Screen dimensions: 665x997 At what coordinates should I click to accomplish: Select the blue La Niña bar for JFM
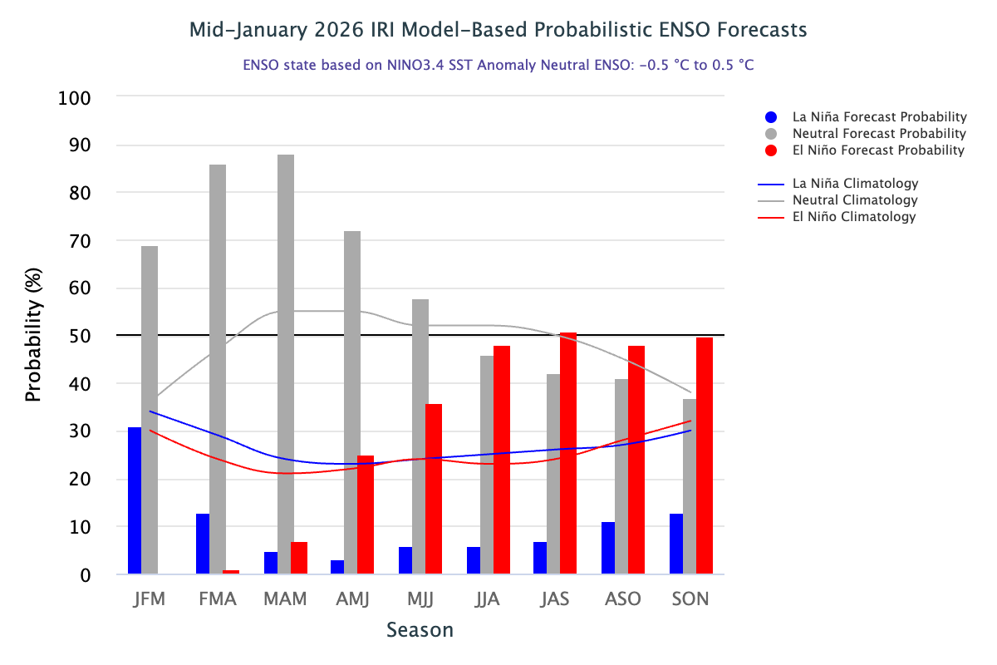coord(135,500)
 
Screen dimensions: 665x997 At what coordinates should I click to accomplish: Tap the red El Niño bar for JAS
coord(568,453)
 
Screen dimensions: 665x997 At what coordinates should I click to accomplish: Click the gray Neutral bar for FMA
coord(218,369)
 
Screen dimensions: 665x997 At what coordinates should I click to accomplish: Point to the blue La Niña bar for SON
coord(676,544)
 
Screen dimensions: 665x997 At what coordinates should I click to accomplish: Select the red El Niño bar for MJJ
coord(434,489)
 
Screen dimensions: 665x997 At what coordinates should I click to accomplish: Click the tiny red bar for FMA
coord(231,572)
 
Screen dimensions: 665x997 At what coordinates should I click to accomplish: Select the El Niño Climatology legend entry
coord(853,217)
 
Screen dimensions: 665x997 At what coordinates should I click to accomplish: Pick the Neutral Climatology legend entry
coord(855,200)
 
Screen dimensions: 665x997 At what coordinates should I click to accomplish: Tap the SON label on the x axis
coord(690,598)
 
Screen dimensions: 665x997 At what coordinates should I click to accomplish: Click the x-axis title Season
coord(420,630)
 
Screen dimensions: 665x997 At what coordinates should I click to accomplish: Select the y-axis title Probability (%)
coord(33,336)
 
